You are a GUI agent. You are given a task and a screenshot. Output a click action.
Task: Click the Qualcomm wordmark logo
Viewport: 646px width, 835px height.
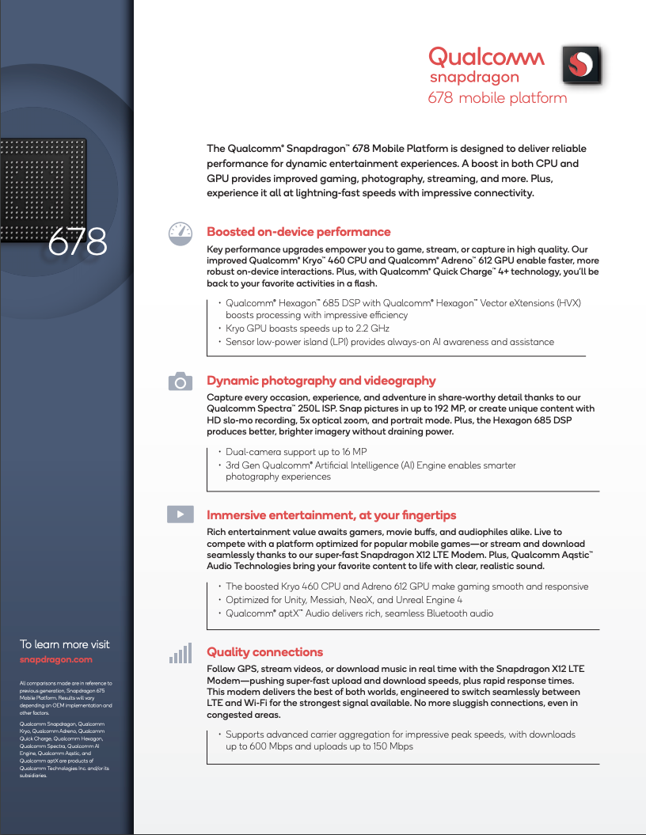click(486, 57)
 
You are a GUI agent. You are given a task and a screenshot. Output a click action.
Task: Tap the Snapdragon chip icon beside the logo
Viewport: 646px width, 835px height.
click(582, 65)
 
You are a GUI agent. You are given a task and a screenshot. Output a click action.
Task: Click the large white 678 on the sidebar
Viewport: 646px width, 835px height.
click(78, 242)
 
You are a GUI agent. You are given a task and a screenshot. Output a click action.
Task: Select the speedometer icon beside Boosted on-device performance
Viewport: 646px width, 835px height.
click(180, 233)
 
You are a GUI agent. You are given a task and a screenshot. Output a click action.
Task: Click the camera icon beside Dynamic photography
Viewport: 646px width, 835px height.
click(180, 381)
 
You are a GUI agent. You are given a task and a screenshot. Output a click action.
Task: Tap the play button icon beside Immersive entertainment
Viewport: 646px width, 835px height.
click(180, 514)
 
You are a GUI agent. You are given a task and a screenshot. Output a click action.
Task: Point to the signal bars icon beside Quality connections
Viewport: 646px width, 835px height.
click(180, 653)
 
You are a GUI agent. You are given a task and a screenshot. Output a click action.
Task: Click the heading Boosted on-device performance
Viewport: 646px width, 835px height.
click(298, 232)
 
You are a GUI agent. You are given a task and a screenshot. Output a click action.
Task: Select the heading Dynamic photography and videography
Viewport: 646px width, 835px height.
click(321, 381)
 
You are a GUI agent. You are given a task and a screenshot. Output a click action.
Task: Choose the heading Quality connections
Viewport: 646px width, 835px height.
click(264, 652)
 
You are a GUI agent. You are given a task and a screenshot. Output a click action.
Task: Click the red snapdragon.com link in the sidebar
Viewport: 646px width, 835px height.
click(55, 659)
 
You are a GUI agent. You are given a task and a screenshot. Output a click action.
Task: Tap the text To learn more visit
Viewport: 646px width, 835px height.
click(65, 644)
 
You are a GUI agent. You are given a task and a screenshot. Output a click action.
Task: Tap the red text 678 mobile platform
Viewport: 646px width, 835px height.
click(497, 98)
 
